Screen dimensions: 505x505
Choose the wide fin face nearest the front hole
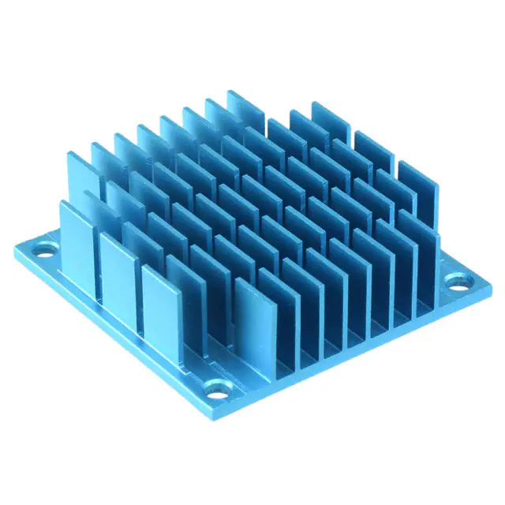tap(257, 324)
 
